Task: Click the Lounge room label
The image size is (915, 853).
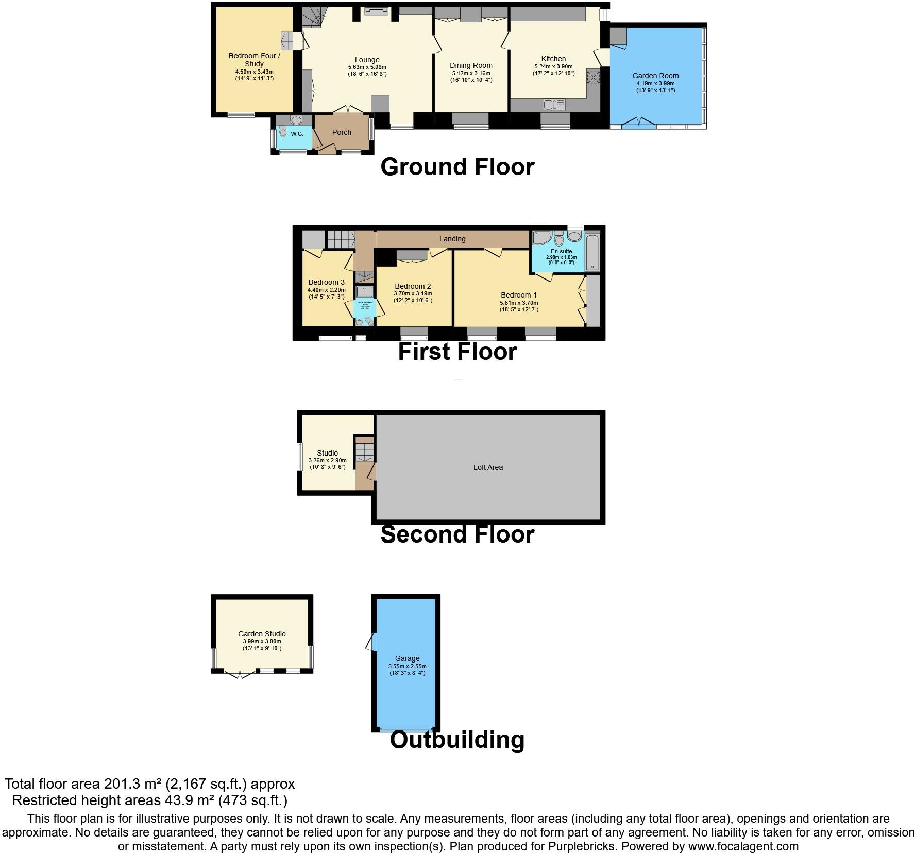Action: pyautogui.click(x=367, y=60)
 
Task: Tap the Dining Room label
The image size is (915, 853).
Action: pyautogui.click(x=471, y=65)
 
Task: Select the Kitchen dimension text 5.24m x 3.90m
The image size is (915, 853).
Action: pyautogui.click(x=553, y=66)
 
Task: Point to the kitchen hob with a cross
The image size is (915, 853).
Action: pyautogui.click(x=594, y=77)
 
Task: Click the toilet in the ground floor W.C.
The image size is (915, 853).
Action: pyautogui.click(x=282, y=132)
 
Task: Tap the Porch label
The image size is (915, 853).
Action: pyautogui.click(x=342, y=132)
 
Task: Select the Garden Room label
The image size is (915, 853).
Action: pyautogui.click(x=655, y=76)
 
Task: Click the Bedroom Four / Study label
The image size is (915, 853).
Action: pyautogui.click(x=254, y=60)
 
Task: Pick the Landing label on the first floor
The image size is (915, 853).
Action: pyautogui.click(x=452, y=239)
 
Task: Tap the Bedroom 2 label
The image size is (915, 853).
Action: pyautogui.click(x=413, y=286)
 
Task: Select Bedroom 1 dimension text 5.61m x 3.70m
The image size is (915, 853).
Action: pyautogui.click(x=519, y=303)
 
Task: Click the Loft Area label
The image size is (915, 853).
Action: pyautogui.click(x=488, y=467)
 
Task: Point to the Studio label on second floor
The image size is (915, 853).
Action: pyautogui.click(x=327, y=453)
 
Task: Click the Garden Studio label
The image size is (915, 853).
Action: pyautogui.click(x=262, y=634)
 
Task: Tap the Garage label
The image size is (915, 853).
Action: pyautogui.click(x=407, y=658)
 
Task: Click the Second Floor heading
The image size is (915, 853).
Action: pyautogui.click(x=457, y=534)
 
